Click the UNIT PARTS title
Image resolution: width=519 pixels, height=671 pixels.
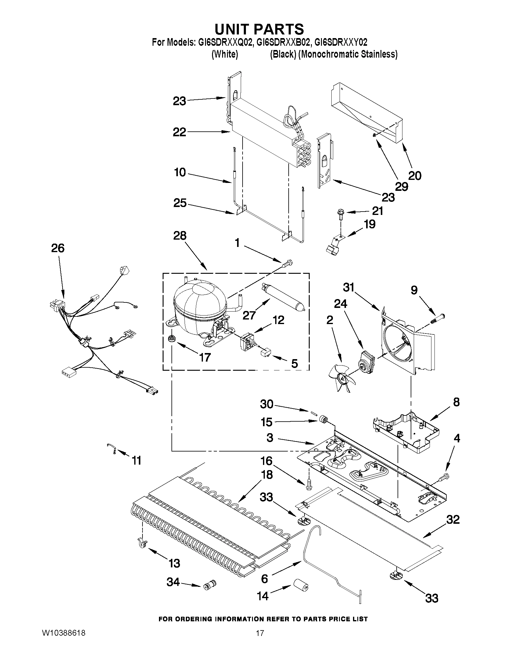259,29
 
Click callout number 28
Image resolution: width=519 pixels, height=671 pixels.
180,236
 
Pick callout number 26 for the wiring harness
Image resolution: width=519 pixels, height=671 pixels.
58,248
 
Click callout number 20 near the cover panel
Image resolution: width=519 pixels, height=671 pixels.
415,176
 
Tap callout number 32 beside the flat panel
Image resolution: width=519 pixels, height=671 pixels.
452,520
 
